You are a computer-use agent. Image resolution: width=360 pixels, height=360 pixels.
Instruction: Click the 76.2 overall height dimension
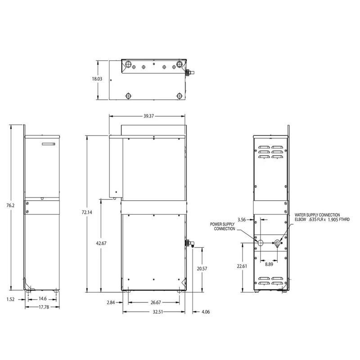point(10,206)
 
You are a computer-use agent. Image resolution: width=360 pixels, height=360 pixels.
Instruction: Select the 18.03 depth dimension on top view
point(97,79)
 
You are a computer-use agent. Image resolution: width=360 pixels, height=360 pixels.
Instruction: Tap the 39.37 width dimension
point(148,116)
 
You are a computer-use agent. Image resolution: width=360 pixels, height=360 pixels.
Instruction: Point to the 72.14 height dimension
point(87,212)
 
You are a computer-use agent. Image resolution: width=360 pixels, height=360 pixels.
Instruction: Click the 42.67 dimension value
point(101,243)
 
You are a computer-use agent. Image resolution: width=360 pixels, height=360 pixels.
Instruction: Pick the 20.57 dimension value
point(202,268)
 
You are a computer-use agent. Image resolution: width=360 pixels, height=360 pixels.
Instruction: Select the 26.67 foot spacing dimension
point(156,302)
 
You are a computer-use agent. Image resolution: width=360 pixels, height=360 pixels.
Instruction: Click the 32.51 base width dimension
point(158,312)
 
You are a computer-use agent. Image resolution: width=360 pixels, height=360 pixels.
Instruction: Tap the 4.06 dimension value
point(206,312)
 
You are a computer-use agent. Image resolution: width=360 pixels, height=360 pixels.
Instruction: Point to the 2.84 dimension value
point(111,302)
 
